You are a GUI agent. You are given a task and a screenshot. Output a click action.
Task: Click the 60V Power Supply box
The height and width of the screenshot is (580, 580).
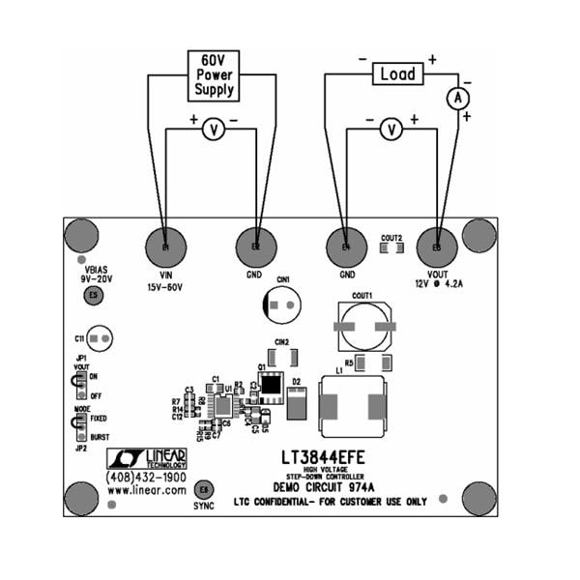click(x=213, y=74)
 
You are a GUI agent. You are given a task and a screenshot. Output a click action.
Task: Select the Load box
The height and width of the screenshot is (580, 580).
click(x=397, y=73)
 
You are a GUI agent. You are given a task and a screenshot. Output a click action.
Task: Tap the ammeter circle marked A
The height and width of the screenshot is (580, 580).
click(x=461, y=100)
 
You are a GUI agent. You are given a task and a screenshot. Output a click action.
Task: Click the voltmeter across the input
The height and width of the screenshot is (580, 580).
click(x=213, y=132)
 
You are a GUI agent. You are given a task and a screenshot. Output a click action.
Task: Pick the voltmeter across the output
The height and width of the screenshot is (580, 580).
click(x=391, y=130)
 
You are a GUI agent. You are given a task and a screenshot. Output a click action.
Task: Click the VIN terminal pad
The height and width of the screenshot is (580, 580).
click(x=165, y=248)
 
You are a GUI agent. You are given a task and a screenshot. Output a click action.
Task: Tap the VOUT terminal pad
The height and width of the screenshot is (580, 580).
click(x=437, y=248)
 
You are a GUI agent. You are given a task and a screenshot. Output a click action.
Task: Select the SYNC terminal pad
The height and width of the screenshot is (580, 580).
click(x=203, y=489)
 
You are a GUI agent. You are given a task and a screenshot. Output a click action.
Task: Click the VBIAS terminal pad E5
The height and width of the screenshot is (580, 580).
click(x=93, y=295)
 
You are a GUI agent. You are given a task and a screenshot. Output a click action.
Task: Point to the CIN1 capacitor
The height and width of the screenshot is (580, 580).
click(x=283, y=305)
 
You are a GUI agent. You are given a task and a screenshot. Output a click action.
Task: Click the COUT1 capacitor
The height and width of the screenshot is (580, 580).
click(x=363, y=327)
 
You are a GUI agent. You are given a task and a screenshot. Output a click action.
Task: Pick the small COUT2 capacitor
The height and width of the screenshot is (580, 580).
click(x=391, y=247)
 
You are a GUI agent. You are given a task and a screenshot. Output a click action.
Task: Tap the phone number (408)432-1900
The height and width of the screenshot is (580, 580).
click(x=146, y=478)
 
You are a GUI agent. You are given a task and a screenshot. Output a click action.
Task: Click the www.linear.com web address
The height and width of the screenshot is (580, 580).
click(x=147, y=491)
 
